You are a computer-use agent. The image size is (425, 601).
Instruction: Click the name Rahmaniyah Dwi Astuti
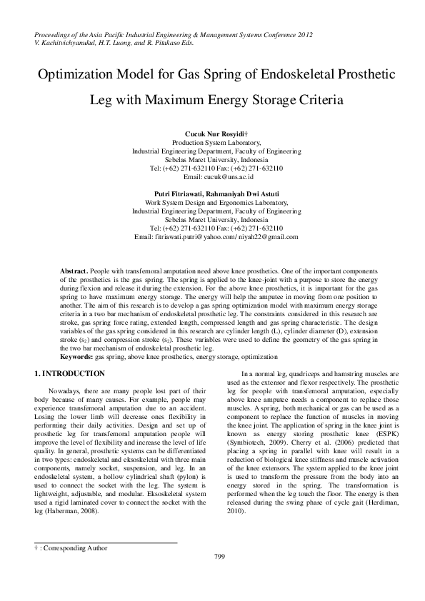pyautogui.click(x=247, y=193)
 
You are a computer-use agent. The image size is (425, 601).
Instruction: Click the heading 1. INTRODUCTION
pyautogui.click(x=69, y=374)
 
